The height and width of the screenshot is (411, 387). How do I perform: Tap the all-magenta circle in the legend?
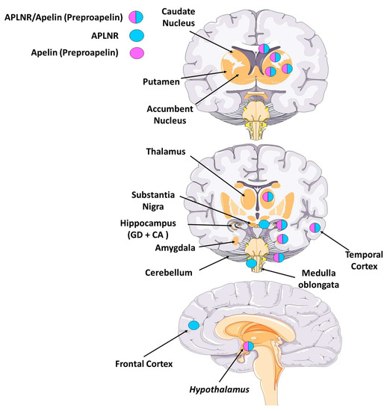(x=113, y=54)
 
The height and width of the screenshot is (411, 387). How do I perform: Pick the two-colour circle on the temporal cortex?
(x=316, y=227)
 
